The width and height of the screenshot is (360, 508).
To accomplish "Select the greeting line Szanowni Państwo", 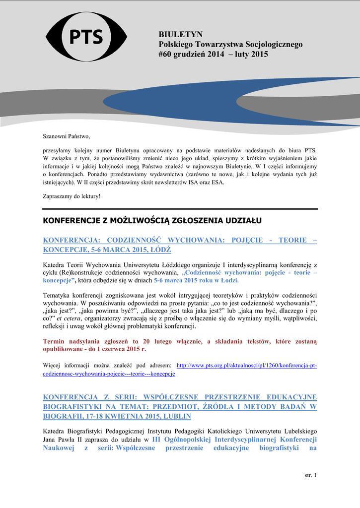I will pos(67,136).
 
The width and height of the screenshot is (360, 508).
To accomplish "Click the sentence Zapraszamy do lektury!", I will pos(72,196).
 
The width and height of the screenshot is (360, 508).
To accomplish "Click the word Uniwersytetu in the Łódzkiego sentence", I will pos(147,264).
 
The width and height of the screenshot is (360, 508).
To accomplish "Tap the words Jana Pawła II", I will pos(65,440).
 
